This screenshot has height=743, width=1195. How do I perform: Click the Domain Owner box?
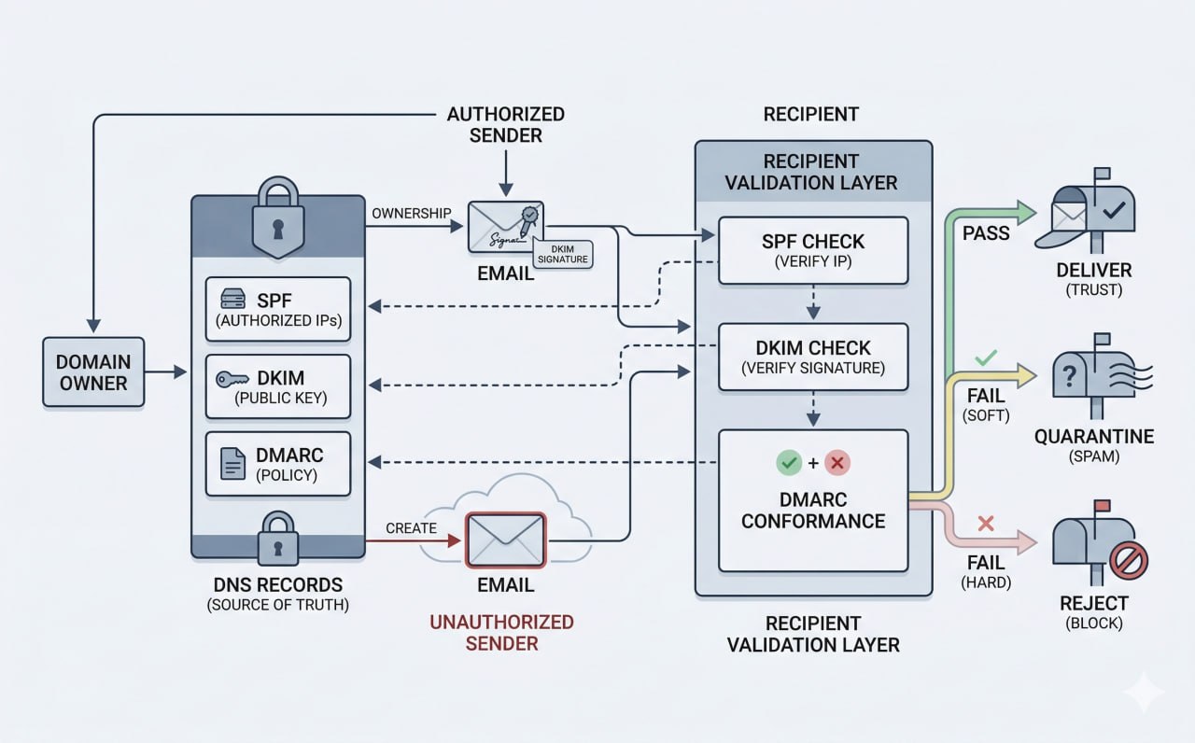pyautogui.click(x=93, y=371)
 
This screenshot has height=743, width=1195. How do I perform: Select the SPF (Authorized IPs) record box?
pyautogui.click(x=277, y=309)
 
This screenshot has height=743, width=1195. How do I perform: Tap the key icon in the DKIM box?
pyautogui.click(x=232, y=379)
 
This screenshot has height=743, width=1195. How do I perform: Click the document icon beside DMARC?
pyautogui.click(x=232, y=464)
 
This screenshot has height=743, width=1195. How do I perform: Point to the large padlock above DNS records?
pyautogui.click(x=277, y=219)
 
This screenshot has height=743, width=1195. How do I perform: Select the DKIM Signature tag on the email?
pyautogui.click(x=563, y=252)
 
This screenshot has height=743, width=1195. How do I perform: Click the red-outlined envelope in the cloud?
pyautogui.click(x=505, y=540)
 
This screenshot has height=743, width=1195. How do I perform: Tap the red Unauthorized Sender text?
pyautogui.click(x=501, y=632)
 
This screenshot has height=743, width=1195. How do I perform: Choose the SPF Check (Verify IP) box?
pyautogui.click(x=812, y=250)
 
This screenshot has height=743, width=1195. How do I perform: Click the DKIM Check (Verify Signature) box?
pyautogui.click(x=812, y=357)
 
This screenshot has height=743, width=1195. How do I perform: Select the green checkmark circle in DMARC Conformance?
pyautogui.click(x=789, y=462)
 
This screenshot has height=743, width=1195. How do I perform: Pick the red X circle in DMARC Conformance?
pyautogui.click(x=837, y=462)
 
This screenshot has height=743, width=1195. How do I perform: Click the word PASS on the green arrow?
pyautogui.click(x=986, y=232)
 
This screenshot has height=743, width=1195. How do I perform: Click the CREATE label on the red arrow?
pyautogui.click(x=411, y=527)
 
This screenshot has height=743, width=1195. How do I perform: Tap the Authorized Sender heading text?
pyautogui.click(x=505, y=125)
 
